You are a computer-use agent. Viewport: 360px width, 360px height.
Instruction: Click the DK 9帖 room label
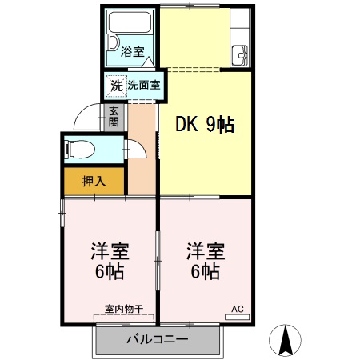(x=205, y=126)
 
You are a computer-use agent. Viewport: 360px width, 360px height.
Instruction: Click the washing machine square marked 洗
(x=116, y=84)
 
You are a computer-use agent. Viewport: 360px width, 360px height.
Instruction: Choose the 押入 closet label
(x=94, y=181)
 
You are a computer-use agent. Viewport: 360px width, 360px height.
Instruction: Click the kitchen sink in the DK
(x=239, y=56)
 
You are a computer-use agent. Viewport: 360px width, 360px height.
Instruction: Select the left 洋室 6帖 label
(x=106, y=260)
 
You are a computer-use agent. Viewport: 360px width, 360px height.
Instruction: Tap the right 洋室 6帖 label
(x=205, y=260)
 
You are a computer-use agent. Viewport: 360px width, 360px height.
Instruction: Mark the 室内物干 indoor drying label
(x=123, y=309)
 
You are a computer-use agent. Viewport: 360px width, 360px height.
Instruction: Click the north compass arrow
(x=286, y=340)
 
